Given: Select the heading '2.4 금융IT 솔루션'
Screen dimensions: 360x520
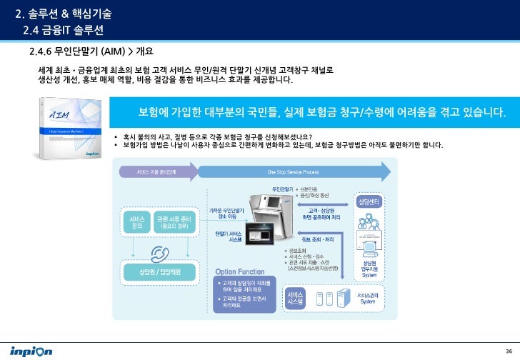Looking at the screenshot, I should click(x=64, y=29).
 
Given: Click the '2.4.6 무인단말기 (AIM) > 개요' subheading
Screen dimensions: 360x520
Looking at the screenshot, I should click(x=91, y=52).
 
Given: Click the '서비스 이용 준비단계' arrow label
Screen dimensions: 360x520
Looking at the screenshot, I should click(x=156, y=171).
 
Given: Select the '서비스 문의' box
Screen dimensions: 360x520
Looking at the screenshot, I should click(x=138, y=221).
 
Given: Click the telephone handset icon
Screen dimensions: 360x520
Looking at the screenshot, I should click(x=158, y=253).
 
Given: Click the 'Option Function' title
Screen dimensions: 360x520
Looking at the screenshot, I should click(x=240, y=271).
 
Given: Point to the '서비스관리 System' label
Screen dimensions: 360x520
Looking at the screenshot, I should click(x=367, y=298).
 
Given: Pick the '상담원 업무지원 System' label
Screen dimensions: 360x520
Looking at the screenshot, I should click(x=369, y=267).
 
